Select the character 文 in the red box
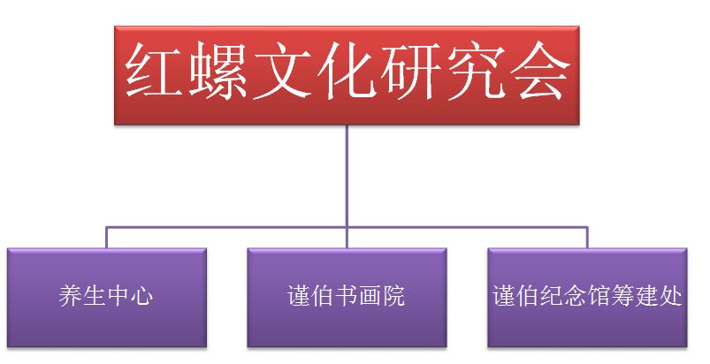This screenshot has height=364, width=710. pos(282,71)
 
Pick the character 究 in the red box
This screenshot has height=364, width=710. pos(475,71)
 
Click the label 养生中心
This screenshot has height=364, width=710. pos(106,296)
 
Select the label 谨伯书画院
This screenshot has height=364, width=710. pos(347,296)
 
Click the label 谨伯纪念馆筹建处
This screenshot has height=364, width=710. pos(587,296)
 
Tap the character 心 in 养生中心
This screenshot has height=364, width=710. pos(141,296)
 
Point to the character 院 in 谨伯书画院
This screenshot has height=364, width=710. pos(393,296)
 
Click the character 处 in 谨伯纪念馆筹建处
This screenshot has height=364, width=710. pos(670,296)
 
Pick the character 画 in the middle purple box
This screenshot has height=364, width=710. pos(370,296)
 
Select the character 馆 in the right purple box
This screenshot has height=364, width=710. pos(599,296)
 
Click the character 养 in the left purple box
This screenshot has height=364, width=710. pos(70,296)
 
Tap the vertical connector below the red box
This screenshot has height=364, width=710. pos(347,186)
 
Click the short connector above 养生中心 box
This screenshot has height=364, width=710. pos(106,238)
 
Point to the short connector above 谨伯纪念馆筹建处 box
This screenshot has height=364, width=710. pos(587,238)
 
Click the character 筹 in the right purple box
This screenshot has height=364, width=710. pos(623,296)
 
